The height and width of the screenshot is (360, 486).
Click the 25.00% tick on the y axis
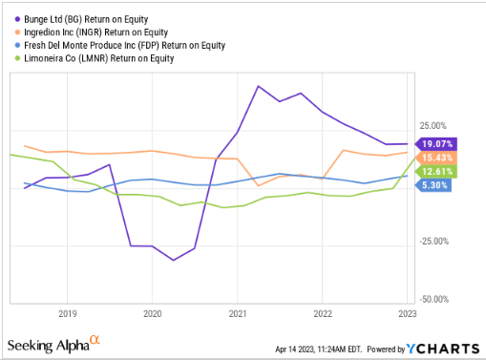(x=433, y=125)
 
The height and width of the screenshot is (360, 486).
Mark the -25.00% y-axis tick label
(x=435, y=241)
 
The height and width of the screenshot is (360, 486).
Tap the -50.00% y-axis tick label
(x=435, y=299)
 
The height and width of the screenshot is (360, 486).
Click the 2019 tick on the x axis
(x=67, y=312)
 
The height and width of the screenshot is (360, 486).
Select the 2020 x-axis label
(x=152, y=312)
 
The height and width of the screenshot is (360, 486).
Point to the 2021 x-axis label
(x=238, y=312)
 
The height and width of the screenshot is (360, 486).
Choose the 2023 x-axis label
(x=408, y=312)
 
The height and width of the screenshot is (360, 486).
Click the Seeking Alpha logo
(x=53, y=343)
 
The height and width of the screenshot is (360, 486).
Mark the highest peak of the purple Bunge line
(x=259, y=86)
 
